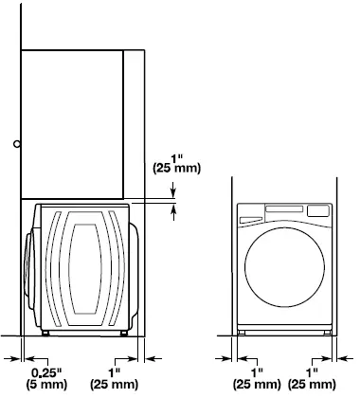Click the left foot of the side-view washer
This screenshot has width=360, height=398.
pos(46,333)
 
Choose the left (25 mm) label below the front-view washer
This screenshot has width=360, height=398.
pos(257,386)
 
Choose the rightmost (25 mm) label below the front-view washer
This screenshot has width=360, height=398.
pos(321,386)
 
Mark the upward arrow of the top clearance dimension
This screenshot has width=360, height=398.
pos(173,212)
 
